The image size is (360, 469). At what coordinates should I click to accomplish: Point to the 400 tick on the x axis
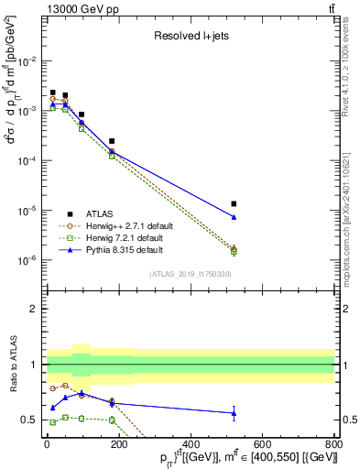point(191,442)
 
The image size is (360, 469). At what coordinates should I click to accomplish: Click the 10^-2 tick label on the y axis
point(29,60)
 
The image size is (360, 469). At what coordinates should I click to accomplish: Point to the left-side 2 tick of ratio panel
point(35,309)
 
